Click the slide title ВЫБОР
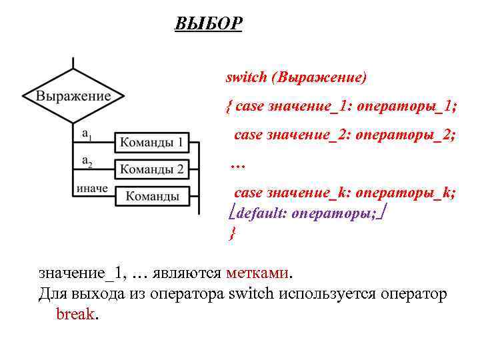click(x=208, y=25)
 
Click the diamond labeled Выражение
click(x=73, y=96)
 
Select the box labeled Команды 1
click(x=152, y=143)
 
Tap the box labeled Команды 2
click(x=152, y=169)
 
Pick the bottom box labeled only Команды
click(x=152, y=196)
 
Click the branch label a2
click(x=87, y=161)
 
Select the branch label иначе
click(x=92, y=188)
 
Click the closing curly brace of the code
click(x=232, y=233)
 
